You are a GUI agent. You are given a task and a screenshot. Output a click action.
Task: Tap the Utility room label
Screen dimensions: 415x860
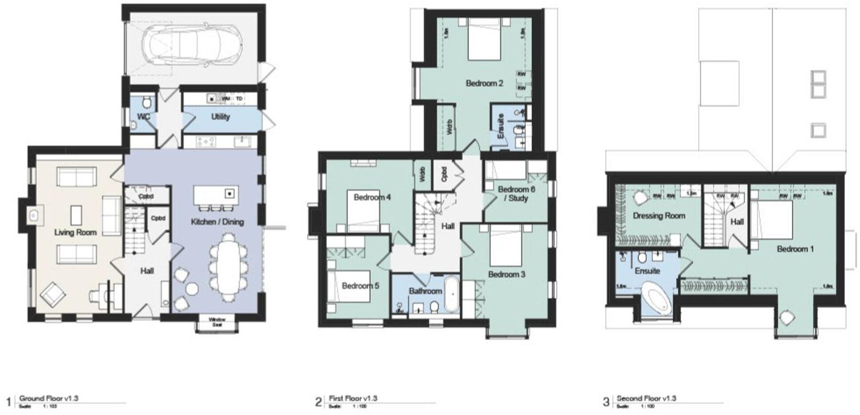tap(220, 117)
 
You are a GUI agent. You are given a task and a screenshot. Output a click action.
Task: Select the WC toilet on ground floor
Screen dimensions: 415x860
tap(147, 103)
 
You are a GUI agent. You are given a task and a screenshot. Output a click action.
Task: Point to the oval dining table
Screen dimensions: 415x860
tap(228, 268)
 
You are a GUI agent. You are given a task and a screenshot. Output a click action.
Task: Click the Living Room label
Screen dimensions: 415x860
tap(75, 232)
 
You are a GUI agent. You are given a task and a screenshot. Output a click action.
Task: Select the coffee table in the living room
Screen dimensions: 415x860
tap(76, 215)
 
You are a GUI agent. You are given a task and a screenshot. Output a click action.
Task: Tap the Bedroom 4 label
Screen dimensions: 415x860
tap(372, 197)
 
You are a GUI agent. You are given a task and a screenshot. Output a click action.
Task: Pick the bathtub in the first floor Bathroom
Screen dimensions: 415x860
tap(452, 294)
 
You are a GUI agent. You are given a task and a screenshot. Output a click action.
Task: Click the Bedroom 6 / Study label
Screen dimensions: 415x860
tap(516, 194)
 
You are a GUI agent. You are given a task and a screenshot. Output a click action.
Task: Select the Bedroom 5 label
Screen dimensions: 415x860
tap(360, 286)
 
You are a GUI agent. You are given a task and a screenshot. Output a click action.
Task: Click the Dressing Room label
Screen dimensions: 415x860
tap(658, 216)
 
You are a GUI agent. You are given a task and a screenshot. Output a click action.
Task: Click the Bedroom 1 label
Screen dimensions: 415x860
tap(795, 249)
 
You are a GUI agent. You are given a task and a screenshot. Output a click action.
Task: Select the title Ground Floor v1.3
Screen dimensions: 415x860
tap(49, 399)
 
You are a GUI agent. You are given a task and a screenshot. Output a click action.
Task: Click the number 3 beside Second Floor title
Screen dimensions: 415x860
tap(606, 402)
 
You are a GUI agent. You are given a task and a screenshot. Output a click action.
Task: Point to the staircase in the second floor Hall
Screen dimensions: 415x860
tap(714, 222)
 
